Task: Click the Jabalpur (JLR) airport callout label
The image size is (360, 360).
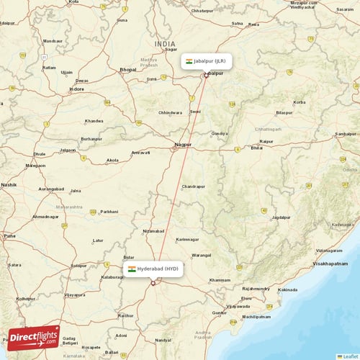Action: click(x=207, y=61)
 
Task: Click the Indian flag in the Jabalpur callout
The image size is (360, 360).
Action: click(x=189, y=61)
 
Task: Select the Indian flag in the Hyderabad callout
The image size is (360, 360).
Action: click(x=132, y=269)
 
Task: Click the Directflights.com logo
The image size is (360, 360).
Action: click(x=33, y=336)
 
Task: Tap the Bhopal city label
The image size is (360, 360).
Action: click(x=128, y=69)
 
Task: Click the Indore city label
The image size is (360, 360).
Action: click(x=76, y=89)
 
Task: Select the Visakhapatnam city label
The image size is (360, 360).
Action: click(x=332, y=264)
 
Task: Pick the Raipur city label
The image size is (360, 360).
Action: click(x=266, y=141)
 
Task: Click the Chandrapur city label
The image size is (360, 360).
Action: click(x=193, y=186)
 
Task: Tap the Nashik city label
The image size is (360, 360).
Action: click(x=9, y=184)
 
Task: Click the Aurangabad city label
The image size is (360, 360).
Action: click(x=51, y=189)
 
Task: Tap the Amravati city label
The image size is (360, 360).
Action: click(x=140, y=152)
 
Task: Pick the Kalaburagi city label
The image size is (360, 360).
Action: click(x=112, y=276)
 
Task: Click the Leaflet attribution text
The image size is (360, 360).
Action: click(x=349, y=356)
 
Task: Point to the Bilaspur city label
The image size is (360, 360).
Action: click(x=284, y=112)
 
